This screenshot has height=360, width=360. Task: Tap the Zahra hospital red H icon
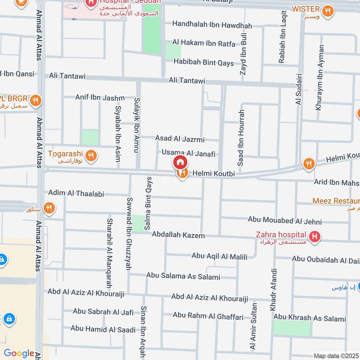pyautogui.click(x=315, y=236)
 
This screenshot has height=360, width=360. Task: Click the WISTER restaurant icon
pyautogui.click(x=328, y=11)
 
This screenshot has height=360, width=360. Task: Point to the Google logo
pyautogui.click(x=18, y=354)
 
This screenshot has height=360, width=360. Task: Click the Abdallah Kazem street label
pyautogui.click(x=178, y=235)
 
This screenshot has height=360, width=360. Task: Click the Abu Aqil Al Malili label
pyautogui.click(x=220, y=256)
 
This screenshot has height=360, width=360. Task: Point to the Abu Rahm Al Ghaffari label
pyautogui.click(x=208, y=316)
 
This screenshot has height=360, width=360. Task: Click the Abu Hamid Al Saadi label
pyautogui.click(x=103, y=329)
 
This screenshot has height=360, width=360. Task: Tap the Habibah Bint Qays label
pyautogui.click(x=204, y=63)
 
